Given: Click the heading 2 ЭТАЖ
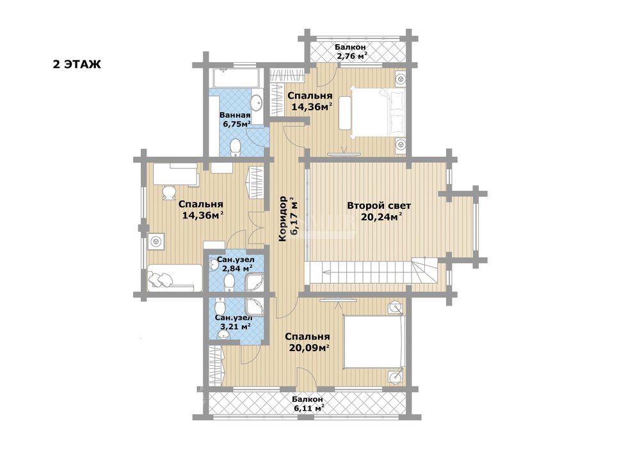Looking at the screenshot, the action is point(77,64).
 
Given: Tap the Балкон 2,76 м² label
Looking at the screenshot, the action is point(351,51).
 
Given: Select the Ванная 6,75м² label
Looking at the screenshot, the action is point(235,119).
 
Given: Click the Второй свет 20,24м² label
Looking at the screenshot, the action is point(379,211).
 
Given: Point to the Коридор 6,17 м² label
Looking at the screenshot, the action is point(287,219).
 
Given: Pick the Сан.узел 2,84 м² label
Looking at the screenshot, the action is point(235,263).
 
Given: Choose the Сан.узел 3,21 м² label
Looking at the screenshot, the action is point(234,322).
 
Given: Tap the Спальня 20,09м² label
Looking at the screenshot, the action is point(307,342).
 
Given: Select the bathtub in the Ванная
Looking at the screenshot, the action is point(236,78).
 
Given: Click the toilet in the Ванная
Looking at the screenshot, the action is point(236,148).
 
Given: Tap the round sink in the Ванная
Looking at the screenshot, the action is point(257,103).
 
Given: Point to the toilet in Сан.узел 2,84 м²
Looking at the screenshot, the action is point(230,281).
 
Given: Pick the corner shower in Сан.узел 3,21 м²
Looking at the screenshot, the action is point(255,307).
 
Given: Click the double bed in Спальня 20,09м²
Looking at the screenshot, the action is point(374,343).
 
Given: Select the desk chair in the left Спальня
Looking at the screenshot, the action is point(168,194).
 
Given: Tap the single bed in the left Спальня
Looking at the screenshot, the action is point(175,277).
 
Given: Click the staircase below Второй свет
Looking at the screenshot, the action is point(371,272).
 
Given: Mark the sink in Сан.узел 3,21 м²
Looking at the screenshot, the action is point(223,335).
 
